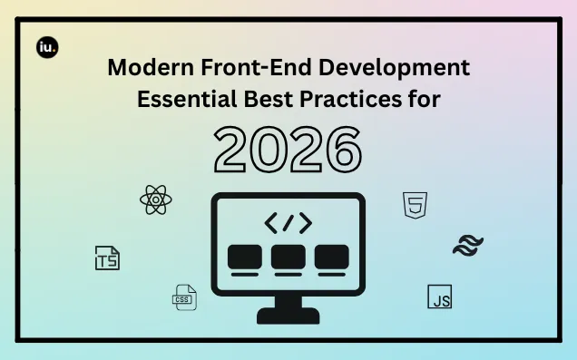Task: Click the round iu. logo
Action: (47, 47)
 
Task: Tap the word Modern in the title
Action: (151, 67)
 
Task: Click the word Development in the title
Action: (394, 68)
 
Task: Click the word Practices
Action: (351, 99)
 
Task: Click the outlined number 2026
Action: (288, 150)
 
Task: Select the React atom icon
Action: (156, 199)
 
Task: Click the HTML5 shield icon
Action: (416, 205)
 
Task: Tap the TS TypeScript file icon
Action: (107, 258)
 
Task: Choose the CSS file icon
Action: (184, 297)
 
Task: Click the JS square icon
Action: (440, 297)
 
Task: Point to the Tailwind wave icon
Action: (468, 246)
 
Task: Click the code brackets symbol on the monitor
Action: (288, 223)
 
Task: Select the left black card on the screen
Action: (245, 257)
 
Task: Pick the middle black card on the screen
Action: (288, 257)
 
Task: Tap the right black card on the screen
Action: (331, 257)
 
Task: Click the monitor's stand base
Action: (288, 316)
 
